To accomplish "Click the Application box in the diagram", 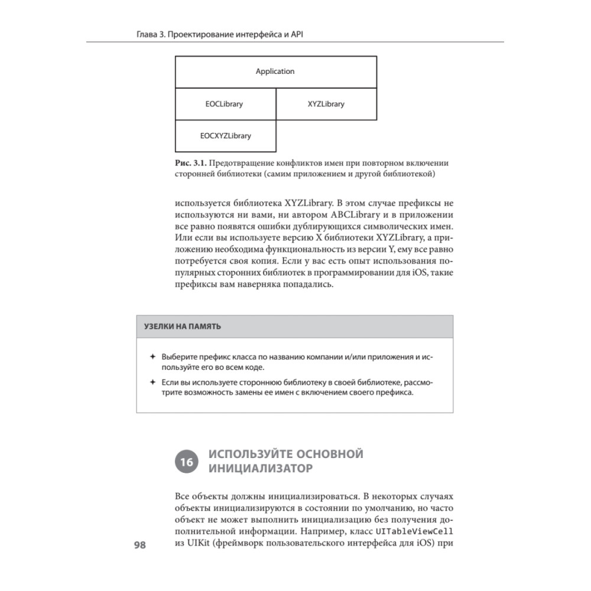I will pyautogui.click(x=275, y=72).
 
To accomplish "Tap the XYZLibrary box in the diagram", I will pyautogui.click(x=326, y=104).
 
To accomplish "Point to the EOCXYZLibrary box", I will pyautogui.click(x=225, y=136).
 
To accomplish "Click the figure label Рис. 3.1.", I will pyautogui.click(x=190, y=163).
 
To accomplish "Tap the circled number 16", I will pyautogui.click(x=186, y=463).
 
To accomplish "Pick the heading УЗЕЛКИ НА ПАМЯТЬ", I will pyautogui.click(x=183, y=326).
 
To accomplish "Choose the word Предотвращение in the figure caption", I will pyautogui.click(x=242, y=163).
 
